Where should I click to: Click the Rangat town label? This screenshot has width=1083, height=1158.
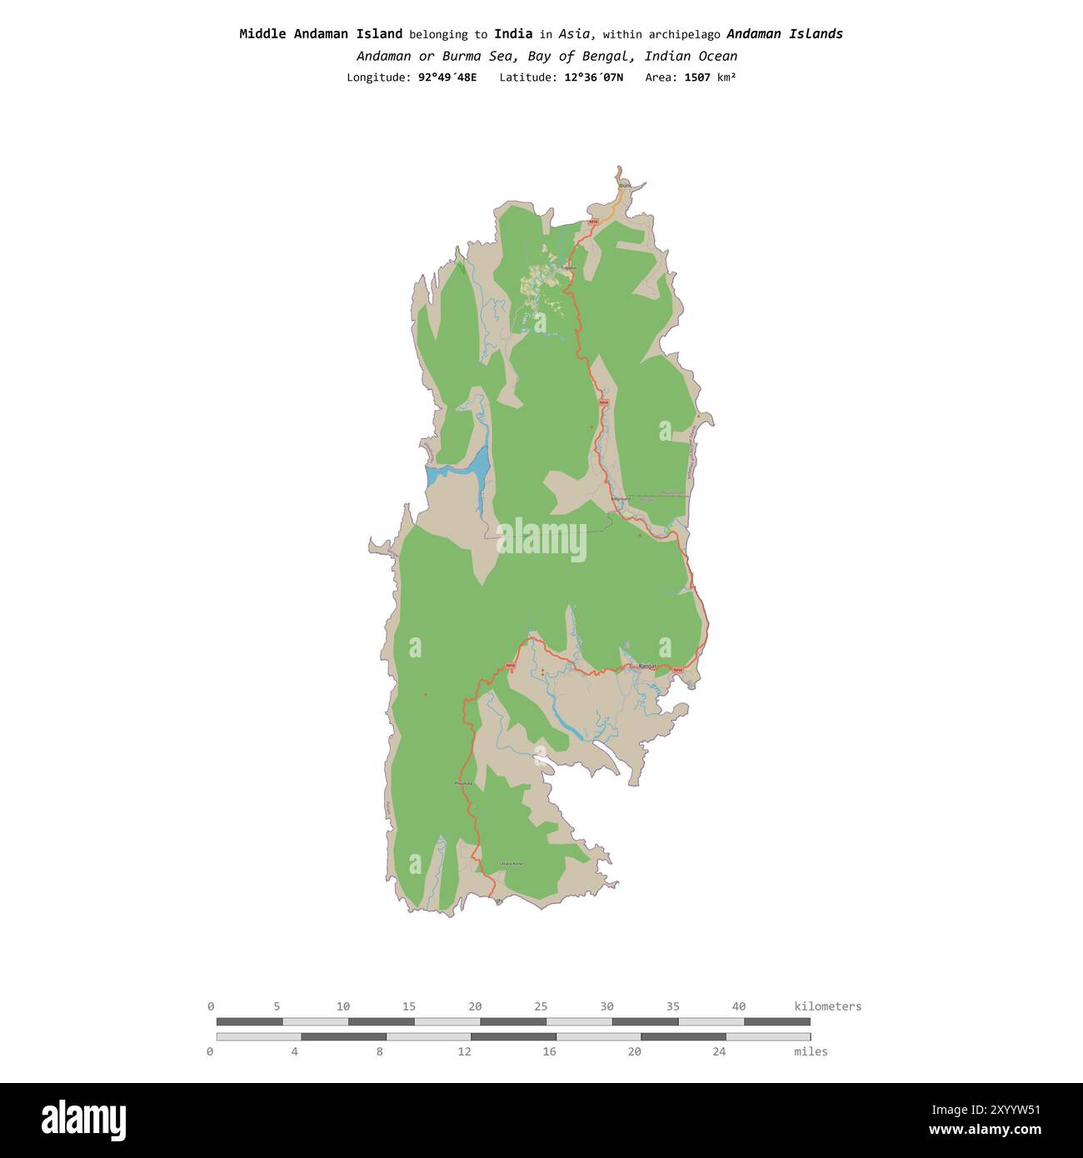(646, 666)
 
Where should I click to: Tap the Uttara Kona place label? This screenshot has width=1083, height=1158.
(511, 864)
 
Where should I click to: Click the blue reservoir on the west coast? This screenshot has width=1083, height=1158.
(467, 472)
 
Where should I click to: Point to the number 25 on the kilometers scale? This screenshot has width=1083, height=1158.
(541, 1006)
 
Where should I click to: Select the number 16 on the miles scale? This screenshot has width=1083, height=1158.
(549, 1051)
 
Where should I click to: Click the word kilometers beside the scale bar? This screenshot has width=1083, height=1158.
(827, 1006)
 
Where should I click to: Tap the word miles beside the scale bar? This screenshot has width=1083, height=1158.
(811, 1051)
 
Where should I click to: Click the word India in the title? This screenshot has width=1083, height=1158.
(513, 34)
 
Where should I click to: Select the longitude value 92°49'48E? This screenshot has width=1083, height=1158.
(447, 77)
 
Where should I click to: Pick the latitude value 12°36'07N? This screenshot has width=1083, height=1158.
(592, 77)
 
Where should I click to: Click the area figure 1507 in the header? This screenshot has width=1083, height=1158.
(697, 77)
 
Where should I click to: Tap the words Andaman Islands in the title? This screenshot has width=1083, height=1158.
(784, 34)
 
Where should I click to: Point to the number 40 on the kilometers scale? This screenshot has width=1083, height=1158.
(738, 1006)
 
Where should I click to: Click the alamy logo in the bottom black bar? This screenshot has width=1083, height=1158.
(83, 1120)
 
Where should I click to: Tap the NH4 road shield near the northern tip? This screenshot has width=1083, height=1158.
(593, 222)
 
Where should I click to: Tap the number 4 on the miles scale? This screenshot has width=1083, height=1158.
(294, 1051)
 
